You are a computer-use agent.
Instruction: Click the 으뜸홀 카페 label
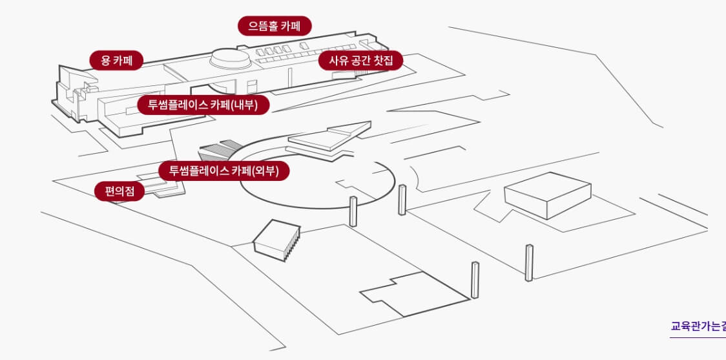[x=275, y=26]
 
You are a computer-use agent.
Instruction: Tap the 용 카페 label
[x=116, y=61]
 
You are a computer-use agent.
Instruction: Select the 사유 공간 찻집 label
[x=360, y=61]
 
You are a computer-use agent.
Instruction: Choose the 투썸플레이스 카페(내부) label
[x=203, y=105]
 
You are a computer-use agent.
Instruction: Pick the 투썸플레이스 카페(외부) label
[x=223, y=171]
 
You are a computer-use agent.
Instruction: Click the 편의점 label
[x=119, y=191]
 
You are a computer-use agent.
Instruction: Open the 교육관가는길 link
[x=698, y=326]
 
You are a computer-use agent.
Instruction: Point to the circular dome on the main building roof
[x=231, y=59]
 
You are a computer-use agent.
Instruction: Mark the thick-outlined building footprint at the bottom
[x=413, y=295]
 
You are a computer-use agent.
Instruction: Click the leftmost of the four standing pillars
[x=353, y=211]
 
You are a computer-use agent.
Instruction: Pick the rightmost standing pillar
[x=529, y=262]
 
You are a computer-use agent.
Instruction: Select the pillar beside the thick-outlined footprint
[x=475, y=280]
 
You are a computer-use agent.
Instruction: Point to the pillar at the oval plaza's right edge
[x=402, y=199]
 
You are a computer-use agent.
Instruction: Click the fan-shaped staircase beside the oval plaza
[x=218, y=151]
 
